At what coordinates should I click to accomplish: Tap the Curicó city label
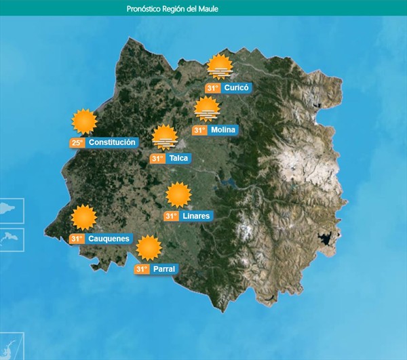[x=237, y=88]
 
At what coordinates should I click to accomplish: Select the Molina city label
[x=223, y=130]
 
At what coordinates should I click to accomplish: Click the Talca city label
[x=179, y=159]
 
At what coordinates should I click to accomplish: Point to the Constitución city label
[x=113, y=142]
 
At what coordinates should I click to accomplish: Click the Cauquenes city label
[x=109, y=239]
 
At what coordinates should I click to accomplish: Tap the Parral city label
[x=164, y=269]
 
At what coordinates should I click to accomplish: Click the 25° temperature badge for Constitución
[x=77, y=142]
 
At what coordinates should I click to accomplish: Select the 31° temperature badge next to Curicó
[x=213, y=88]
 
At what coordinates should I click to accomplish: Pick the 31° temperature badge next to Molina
[x=199, y=130]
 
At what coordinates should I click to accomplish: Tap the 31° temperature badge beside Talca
[x=157, y=159]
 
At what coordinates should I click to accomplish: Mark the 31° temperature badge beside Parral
[x=142, y=269]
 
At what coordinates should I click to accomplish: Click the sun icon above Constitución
[x=85, y=121]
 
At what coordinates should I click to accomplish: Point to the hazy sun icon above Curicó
[x=220, y=67]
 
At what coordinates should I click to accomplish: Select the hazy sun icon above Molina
[x=207, y=109]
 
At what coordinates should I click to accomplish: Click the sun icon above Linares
[x=179, y=195]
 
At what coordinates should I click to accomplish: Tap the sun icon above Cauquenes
[x=84, y=218]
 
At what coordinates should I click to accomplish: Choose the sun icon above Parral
[x=149, y=248]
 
